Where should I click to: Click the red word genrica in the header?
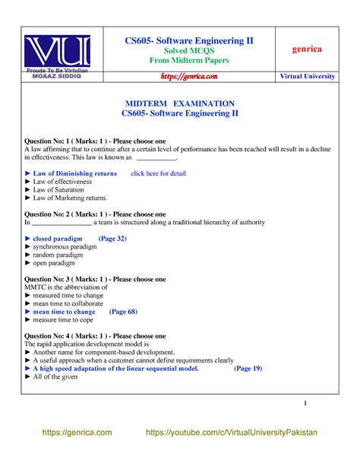[x=308, y=49]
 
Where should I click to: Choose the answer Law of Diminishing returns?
[x=74, y=173]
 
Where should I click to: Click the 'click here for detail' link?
[x=158, y=173]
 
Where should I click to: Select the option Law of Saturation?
[x=65, y=190]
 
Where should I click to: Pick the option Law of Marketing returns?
[x=73, y=198]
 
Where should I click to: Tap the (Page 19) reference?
[x=248, y=369]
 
